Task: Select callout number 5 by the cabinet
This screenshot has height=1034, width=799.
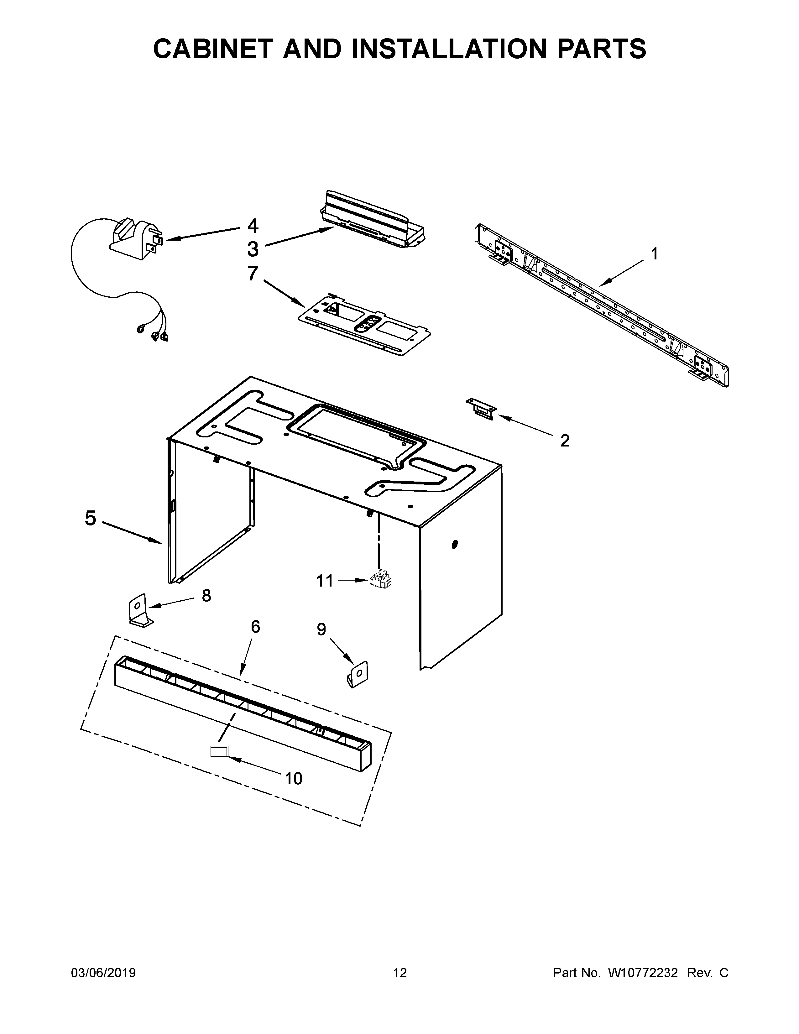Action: pyautogui.click(x=91, y=518)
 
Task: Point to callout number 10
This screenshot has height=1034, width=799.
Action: pyautogui.click(x=294, y=778)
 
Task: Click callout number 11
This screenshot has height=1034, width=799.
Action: pyautogui.click(x=325, y=580)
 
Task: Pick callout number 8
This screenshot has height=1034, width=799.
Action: pyautogui.click(x=206, y=596)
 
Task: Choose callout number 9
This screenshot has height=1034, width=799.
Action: pyautogui.click(x=321, y=629)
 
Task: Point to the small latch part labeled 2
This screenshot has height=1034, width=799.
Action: pyautogui.click(x=481, y=408)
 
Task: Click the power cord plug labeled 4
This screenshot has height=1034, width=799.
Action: pyautogui.click(x=135, y=239)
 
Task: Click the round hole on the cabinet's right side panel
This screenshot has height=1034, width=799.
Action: pyautogui.click(x=455, y=545)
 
